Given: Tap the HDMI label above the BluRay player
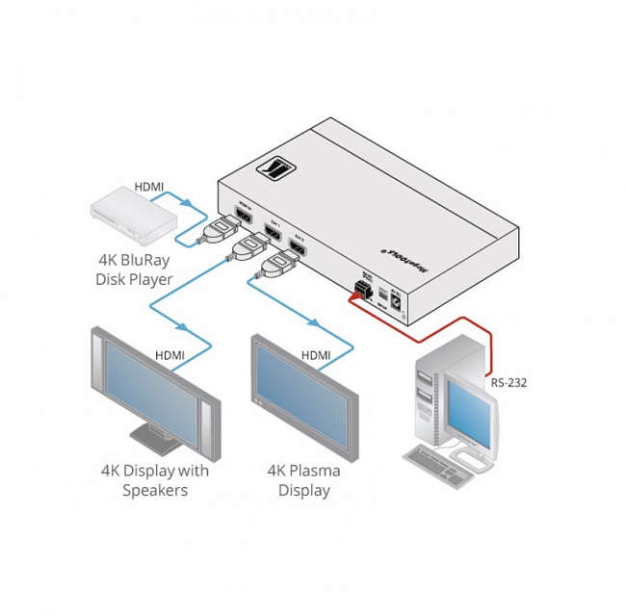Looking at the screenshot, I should [148, 186].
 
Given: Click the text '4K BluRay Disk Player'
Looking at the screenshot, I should [134, 269].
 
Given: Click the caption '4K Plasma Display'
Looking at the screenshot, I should [304, 480].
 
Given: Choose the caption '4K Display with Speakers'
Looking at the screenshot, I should [154, 480].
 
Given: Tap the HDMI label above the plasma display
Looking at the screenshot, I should [316, 355].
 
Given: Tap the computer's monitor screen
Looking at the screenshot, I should [472, 410].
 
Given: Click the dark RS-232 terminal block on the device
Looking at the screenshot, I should [366, 289].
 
